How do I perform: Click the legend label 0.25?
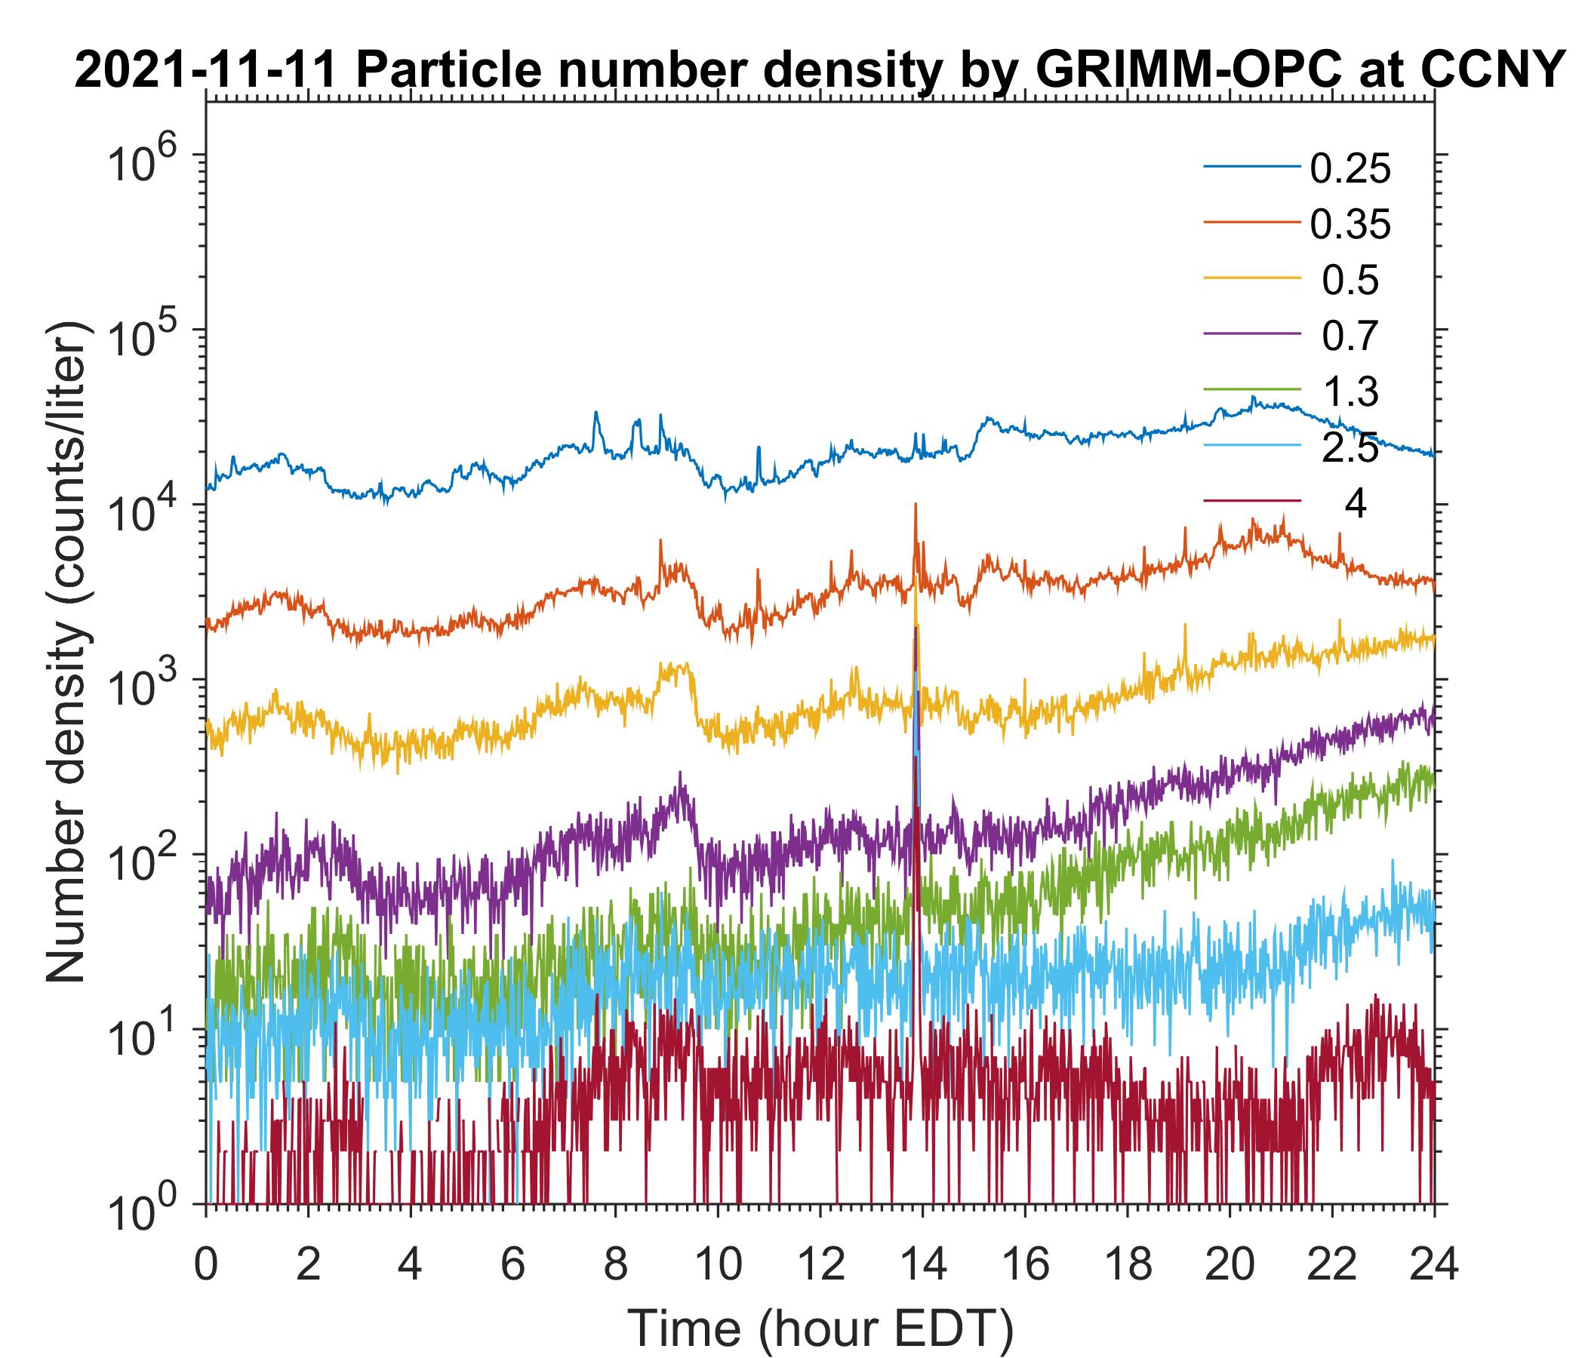pos(1350,169)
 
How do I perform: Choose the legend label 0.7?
pos(1350,336)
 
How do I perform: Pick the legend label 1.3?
pos(1350,392)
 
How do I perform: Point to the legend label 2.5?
pos(1350,449)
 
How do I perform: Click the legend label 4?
pos(1355,505)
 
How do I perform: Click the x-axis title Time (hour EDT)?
pos(820,1329)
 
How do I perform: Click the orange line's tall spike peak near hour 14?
pos(915,505)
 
